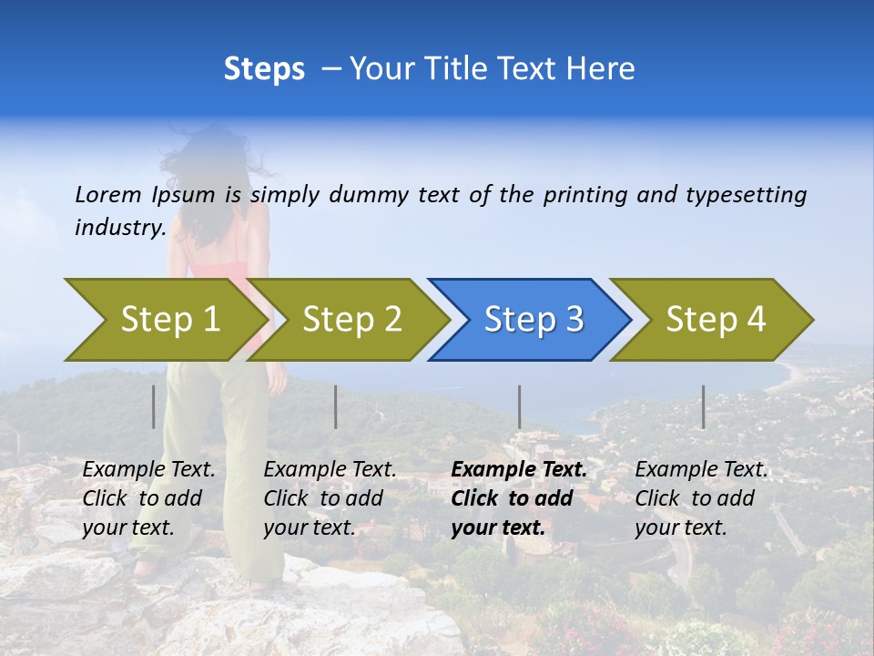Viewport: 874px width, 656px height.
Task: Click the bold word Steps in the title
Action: (264, 69)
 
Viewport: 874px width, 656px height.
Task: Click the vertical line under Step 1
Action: (154, 406)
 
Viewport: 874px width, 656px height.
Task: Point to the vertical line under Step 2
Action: (336, 406)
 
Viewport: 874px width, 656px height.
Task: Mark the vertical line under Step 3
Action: (520, 406)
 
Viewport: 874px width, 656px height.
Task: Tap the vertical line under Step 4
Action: (704, 406)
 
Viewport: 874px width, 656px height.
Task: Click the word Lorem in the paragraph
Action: (108, 194)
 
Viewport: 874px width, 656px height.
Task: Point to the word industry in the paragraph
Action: (119, 227)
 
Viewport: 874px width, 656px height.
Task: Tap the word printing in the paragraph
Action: (584, 194)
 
